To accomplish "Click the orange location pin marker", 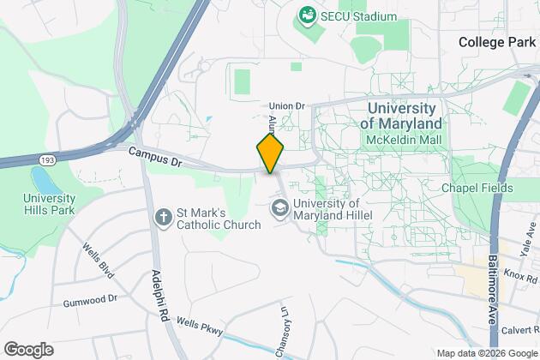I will click(270, 155).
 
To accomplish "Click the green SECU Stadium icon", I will click(306, 15).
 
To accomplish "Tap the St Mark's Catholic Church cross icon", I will click(163, 218).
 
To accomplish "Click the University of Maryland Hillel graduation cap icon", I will click(280, 207).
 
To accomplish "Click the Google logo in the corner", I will click(27, 350).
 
